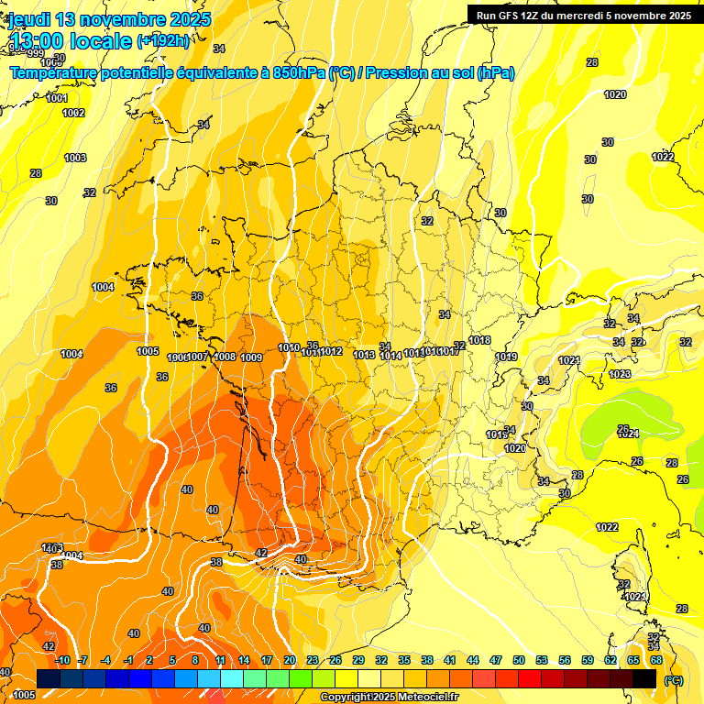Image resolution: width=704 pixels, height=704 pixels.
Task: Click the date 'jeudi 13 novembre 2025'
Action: (x=110, y=19)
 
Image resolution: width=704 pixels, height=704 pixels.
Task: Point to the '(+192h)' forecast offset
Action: (x=164, y=40)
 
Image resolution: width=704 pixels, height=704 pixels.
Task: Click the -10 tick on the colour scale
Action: (x=62, y=660)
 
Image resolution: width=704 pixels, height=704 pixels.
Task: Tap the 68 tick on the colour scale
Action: (x=656, y=660)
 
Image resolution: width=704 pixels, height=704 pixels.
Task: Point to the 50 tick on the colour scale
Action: (x=519, y=660)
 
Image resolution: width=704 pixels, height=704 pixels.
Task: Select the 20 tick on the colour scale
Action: (x=290, y=660)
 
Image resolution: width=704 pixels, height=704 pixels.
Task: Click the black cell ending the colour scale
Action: (x=644, y=678)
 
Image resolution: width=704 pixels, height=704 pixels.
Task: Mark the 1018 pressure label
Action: (x=479, y=341)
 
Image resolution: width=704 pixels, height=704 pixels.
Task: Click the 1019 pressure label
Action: (x=506, y=357)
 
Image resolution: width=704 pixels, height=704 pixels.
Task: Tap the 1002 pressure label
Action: (x=73, y=113)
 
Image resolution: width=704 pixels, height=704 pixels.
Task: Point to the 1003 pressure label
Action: (x=75, y=158)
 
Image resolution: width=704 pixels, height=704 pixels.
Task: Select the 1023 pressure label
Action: (x=620, y=374)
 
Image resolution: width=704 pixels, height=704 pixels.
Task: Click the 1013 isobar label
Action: (x=364, y=355)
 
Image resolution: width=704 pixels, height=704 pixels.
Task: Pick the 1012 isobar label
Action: (x=331, y=351)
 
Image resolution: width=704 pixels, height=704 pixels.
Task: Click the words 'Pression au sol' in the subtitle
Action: (x=420, y=73)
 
